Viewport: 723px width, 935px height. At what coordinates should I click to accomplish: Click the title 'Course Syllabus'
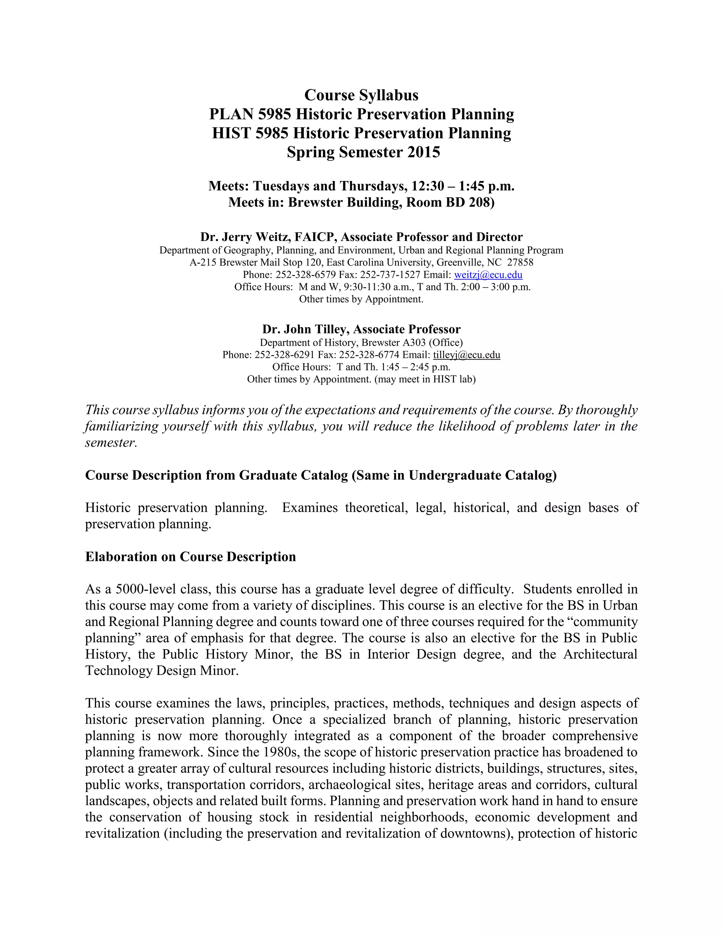[361, 95]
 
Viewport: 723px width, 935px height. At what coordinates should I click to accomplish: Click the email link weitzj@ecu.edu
[488, 275]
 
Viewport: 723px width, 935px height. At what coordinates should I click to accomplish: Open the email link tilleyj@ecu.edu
[466, 355]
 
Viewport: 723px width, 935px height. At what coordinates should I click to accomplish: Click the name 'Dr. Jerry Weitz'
[245, 237]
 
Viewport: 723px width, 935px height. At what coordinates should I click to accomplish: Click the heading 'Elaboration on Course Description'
[190, 556]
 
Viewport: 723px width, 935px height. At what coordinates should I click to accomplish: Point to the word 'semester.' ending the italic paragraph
[111, 443]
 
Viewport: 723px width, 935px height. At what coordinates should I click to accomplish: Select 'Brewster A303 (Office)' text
[412, 343]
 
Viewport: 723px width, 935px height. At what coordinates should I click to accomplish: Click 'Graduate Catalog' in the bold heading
[293, 475]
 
